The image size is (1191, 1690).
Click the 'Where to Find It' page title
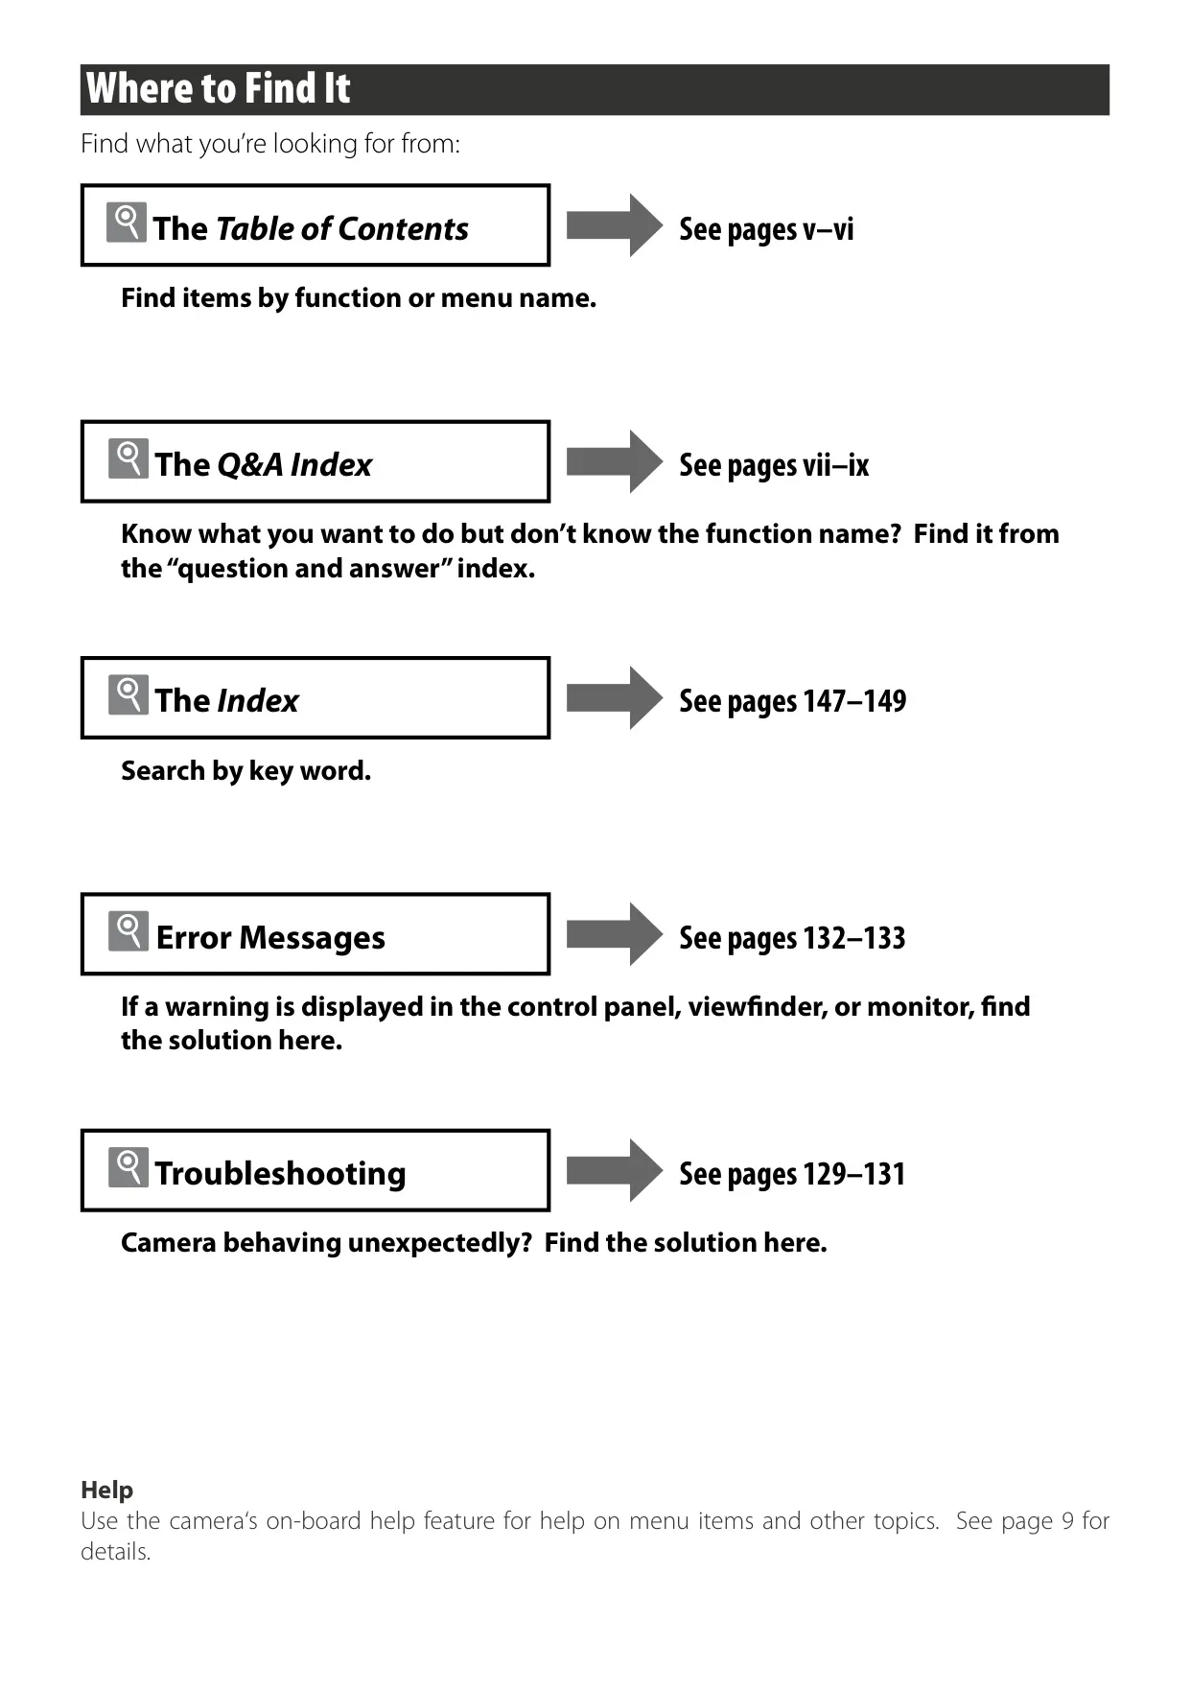(x=218, y=88)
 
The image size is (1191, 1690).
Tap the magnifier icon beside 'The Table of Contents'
(x=127, y=222)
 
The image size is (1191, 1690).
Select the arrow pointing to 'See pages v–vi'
(x=615, y=225)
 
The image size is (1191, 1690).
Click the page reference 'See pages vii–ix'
(x=774, y=465)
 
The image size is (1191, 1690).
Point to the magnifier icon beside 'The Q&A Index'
(x=128, y=458)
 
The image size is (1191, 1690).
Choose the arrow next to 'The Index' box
(x=615, y=698)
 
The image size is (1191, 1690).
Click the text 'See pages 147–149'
(x=792, y=701)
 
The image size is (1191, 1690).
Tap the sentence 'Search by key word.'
(x=245, y=771)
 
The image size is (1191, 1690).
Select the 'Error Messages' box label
(x=270, y=937)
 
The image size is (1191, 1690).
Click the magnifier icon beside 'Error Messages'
(x=128, y=931)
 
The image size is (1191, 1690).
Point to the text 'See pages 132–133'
(x=792, y=938)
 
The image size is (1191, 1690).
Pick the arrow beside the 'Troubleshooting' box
(x=615, y=1170)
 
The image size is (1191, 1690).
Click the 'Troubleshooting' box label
(x=281, y=1174)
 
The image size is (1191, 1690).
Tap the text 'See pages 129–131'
(x=792, y=1174)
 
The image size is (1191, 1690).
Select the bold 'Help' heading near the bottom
(x=106, y=1490)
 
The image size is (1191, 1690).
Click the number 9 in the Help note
(x=1067, y=1521)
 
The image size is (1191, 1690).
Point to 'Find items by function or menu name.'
(x=359, y=298)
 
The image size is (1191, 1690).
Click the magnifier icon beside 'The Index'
(x=128, y=695)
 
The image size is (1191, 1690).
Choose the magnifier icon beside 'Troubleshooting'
(x=128, y=1167)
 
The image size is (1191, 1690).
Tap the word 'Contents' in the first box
(x=403, y=229)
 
